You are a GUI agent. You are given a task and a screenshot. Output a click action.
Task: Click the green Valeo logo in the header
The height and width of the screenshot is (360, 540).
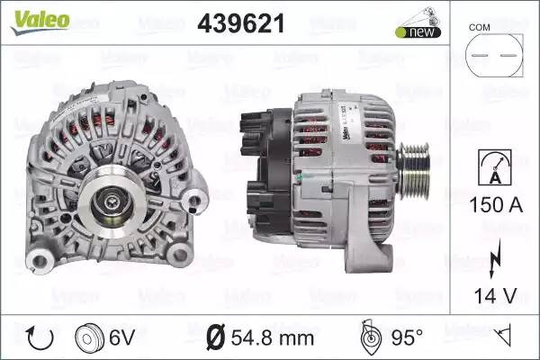[x=40, y=22]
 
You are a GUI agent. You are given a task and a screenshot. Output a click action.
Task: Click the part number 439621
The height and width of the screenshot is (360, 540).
[x=241, y=23]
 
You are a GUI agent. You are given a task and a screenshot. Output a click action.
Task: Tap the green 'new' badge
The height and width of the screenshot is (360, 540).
[x=418, y=32]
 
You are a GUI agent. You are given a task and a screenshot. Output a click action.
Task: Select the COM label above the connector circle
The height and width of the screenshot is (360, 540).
[x=479, y=27]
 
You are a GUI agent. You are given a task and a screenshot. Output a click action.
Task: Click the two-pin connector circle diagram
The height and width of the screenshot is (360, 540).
[x=494, y=55]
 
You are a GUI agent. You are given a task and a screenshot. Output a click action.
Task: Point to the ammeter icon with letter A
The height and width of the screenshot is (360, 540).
[x=494, y=167]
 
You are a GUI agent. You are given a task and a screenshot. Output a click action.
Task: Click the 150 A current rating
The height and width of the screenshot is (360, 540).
[x=496, y=205]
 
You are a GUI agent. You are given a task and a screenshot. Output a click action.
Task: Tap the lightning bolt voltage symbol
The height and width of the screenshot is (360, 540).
[x=494, y=258]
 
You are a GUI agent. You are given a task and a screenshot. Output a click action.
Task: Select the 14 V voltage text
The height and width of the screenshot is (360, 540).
[x=495, y=295]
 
